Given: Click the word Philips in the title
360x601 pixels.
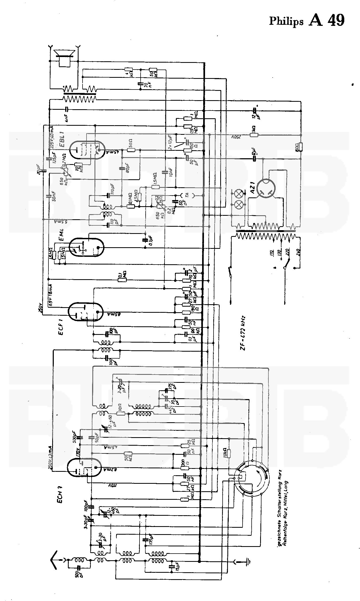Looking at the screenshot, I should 286,21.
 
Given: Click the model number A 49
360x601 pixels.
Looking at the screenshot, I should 327,20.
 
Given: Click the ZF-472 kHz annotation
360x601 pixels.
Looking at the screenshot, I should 243,333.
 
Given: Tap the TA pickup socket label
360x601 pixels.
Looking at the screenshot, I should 187,195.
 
